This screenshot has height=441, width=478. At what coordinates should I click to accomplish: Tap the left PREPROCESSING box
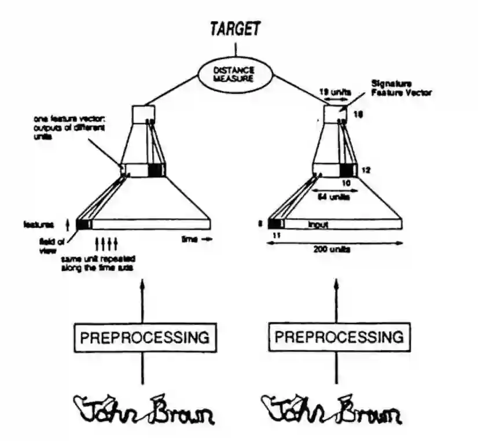(144, 336)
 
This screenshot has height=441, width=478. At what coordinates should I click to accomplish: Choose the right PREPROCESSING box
(338, 336)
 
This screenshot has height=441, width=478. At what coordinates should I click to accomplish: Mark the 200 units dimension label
(332, 251)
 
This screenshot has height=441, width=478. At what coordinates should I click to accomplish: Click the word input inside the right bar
(318, 223)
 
